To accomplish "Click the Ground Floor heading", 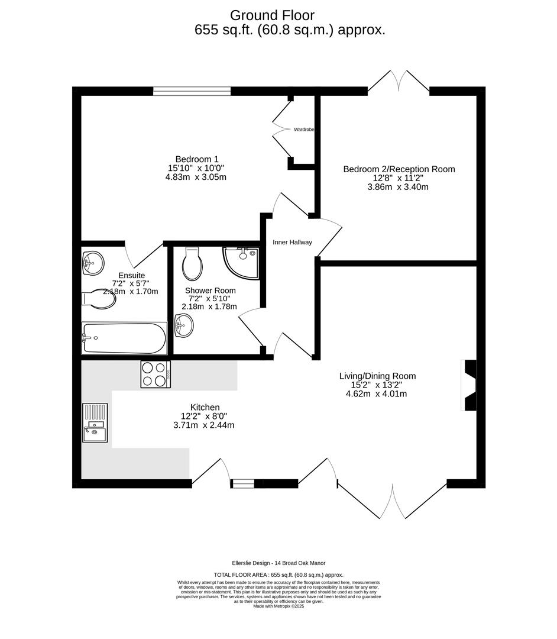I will pos(272,15).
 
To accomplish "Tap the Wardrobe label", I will pos(303,129).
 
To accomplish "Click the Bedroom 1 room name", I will pos(197,159).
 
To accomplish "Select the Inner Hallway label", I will pos(292,242).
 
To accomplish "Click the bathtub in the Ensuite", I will pos(124,338).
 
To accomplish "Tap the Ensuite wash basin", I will pos(93,262).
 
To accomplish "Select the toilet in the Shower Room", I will pos(192,264).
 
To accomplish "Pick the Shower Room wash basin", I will pos(184,325).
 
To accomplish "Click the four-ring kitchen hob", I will pos(156,375).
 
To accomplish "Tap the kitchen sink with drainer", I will pos(95,423).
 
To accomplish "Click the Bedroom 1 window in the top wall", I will pos(192,91).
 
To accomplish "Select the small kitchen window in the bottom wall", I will pos(242,483).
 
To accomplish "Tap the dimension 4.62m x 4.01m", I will pos(376,393).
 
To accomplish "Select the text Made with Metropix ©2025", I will pos(278,606).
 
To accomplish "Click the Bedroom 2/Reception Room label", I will pos(399,169).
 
